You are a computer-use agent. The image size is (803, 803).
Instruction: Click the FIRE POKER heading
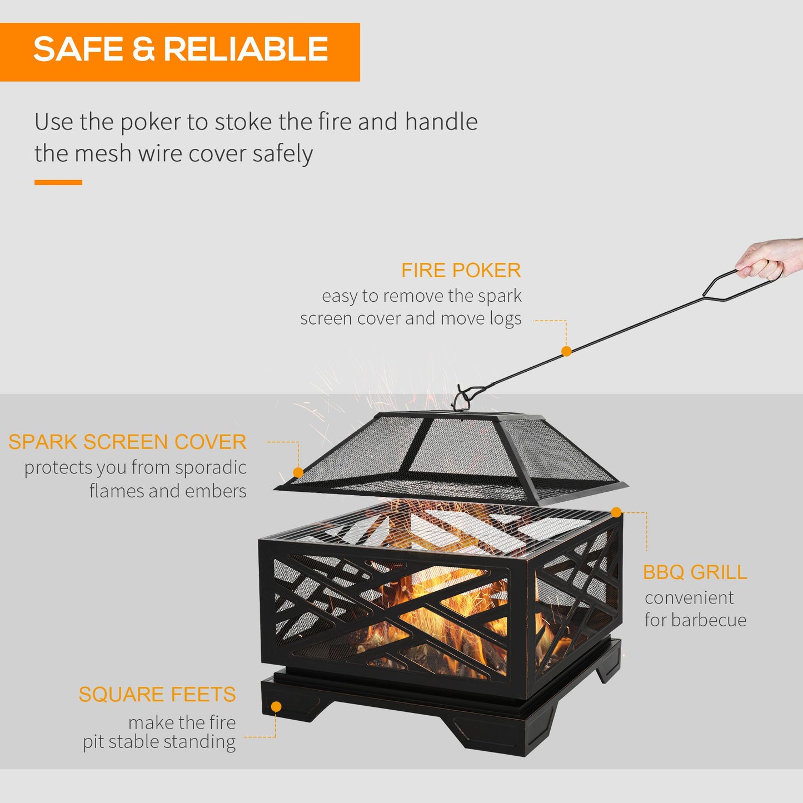461,271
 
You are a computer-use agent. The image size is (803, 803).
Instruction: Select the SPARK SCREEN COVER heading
127,442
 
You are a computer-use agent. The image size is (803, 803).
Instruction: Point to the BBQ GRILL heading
695,572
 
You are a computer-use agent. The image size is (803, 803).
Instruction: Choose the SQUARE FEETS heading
157,695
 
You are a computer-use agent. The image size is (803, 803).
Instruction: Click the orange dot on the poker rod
566,351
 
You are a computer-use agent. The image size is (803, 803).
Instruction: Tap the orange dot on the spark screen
298,472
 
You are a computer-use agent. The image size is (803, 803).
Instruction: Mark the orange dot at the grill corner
616,512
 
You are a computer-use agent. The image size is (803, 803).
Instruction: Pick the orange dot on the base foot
276,707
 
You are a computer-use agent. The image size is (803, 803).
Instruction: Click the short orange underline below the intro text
58,182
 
